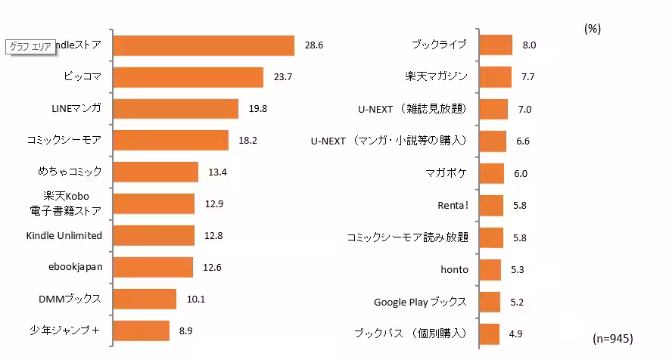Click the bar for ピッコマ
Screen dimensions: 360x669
(188, 77)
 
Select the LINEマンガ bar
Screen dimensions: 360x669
(175, 109)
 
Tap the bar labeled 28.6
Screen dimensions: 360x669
(203, 45)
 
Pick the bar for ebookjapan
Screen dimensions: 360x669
(152, 267)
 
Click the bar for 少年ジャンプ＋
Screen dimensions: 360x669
(141, 331)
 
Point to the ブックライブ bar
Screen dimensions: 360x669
(496, 45)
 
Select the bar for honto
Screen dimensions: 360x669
(490, 269)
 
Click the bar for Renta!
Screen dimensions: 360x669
(492, 205)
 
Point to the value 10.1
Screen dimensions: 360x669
(196, 299)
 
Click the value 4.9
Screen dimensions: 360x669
(515, 334)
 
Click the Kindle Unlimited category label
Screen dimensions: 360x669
(64, 235)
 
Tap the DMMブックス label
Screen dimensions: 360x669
(70, 298)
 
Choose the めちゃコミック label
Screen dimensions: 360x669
(69, 172)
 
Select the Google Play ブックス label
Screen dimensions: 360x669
(420, 302)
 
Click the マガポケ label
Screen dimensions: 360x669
(446, 173)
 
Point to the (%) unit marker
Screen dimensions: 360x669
(593, 28)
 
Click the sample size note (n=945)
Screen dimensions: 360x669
(611, 337)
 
